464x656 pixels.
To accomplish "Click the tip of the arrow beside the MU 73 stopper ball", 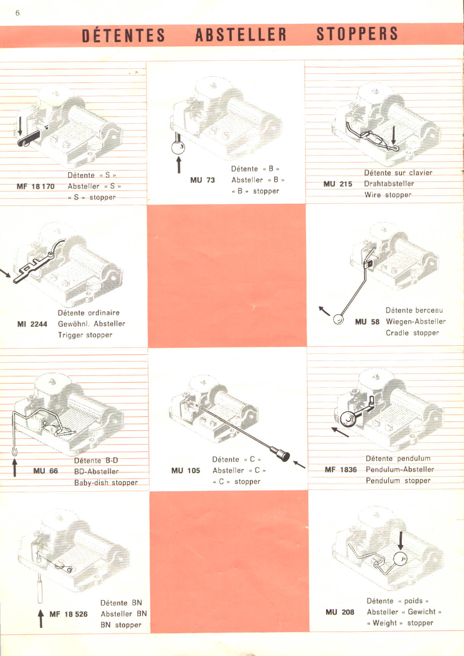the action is click(178, 157).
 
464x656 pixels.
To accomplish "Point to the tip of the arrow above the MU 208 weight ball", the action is click(400, 550).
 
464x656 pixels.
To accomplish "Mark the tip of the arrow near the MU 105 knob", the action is click(294, 462).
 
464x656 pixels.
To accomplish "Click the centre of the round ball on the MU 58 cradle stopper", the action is click(338, 319).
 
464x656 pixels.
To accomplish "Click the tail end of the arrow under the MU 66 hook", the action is click(15, 476).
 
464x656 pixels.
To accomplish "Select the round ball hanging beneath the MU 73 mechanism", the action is click(178, 148).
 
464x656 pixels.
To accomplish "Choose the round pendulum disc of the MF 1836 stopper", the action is click(348, 419).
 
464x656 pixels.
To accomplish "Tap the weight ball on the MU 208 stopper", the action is click(400, 559).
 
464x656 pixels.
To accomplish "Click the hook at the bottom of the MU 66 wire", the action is click(14, 451).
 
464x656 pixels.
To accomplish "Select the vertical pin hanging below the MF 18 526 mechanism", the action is click(40, 589).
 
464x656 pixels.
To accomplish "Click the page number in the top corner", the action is click(17, 13).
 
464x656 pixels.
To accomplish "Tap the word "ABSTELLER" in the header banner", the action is click(241, 35).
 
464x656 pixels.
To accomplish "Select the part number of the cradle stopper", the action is click(367, 322).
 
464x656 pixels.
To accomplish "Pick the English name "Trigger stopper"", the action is click(85, 335).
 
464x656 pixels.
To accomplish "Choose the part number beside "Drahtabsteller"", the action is click(338, 184).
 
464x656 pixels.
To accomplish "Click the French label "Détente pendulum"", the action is click(398, 459).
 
